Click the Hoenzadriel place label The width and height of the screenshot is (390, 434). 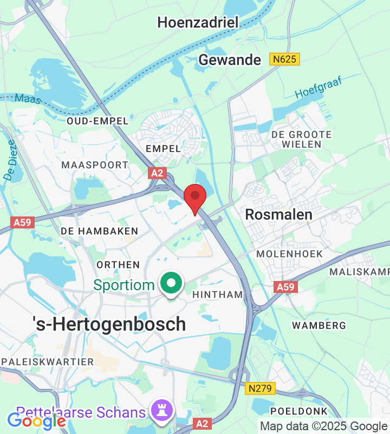[x=197, y=22]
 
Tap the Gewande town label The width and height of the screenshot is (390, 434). [x=230, y=60]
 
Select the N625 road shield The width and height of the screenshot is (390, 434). [x=284, y=59]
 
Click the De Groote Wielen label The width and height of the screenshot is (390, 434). [x=301, y=139]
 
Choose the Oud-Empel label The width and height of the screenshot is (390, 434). [x=97, y=121]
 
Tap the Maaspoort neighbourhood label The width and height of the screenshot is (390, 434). [x=95, y=164]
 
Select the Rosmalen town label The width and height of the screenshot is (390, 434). [x=278, y=214]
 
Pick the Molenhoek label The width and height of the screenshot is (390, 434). [x=289, y=253]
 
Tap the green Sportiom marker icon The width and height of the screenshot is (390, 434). [x=172, y=284]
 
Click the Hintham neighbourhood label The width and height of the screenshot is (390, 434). [x=218, y=295]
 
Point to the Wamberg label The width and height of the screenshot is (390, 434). [x=318, y=325]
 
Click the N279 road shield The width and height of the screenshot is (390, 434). [x=261, y=388]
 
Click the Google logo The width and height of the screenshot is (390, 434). [x=36, y=421]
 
